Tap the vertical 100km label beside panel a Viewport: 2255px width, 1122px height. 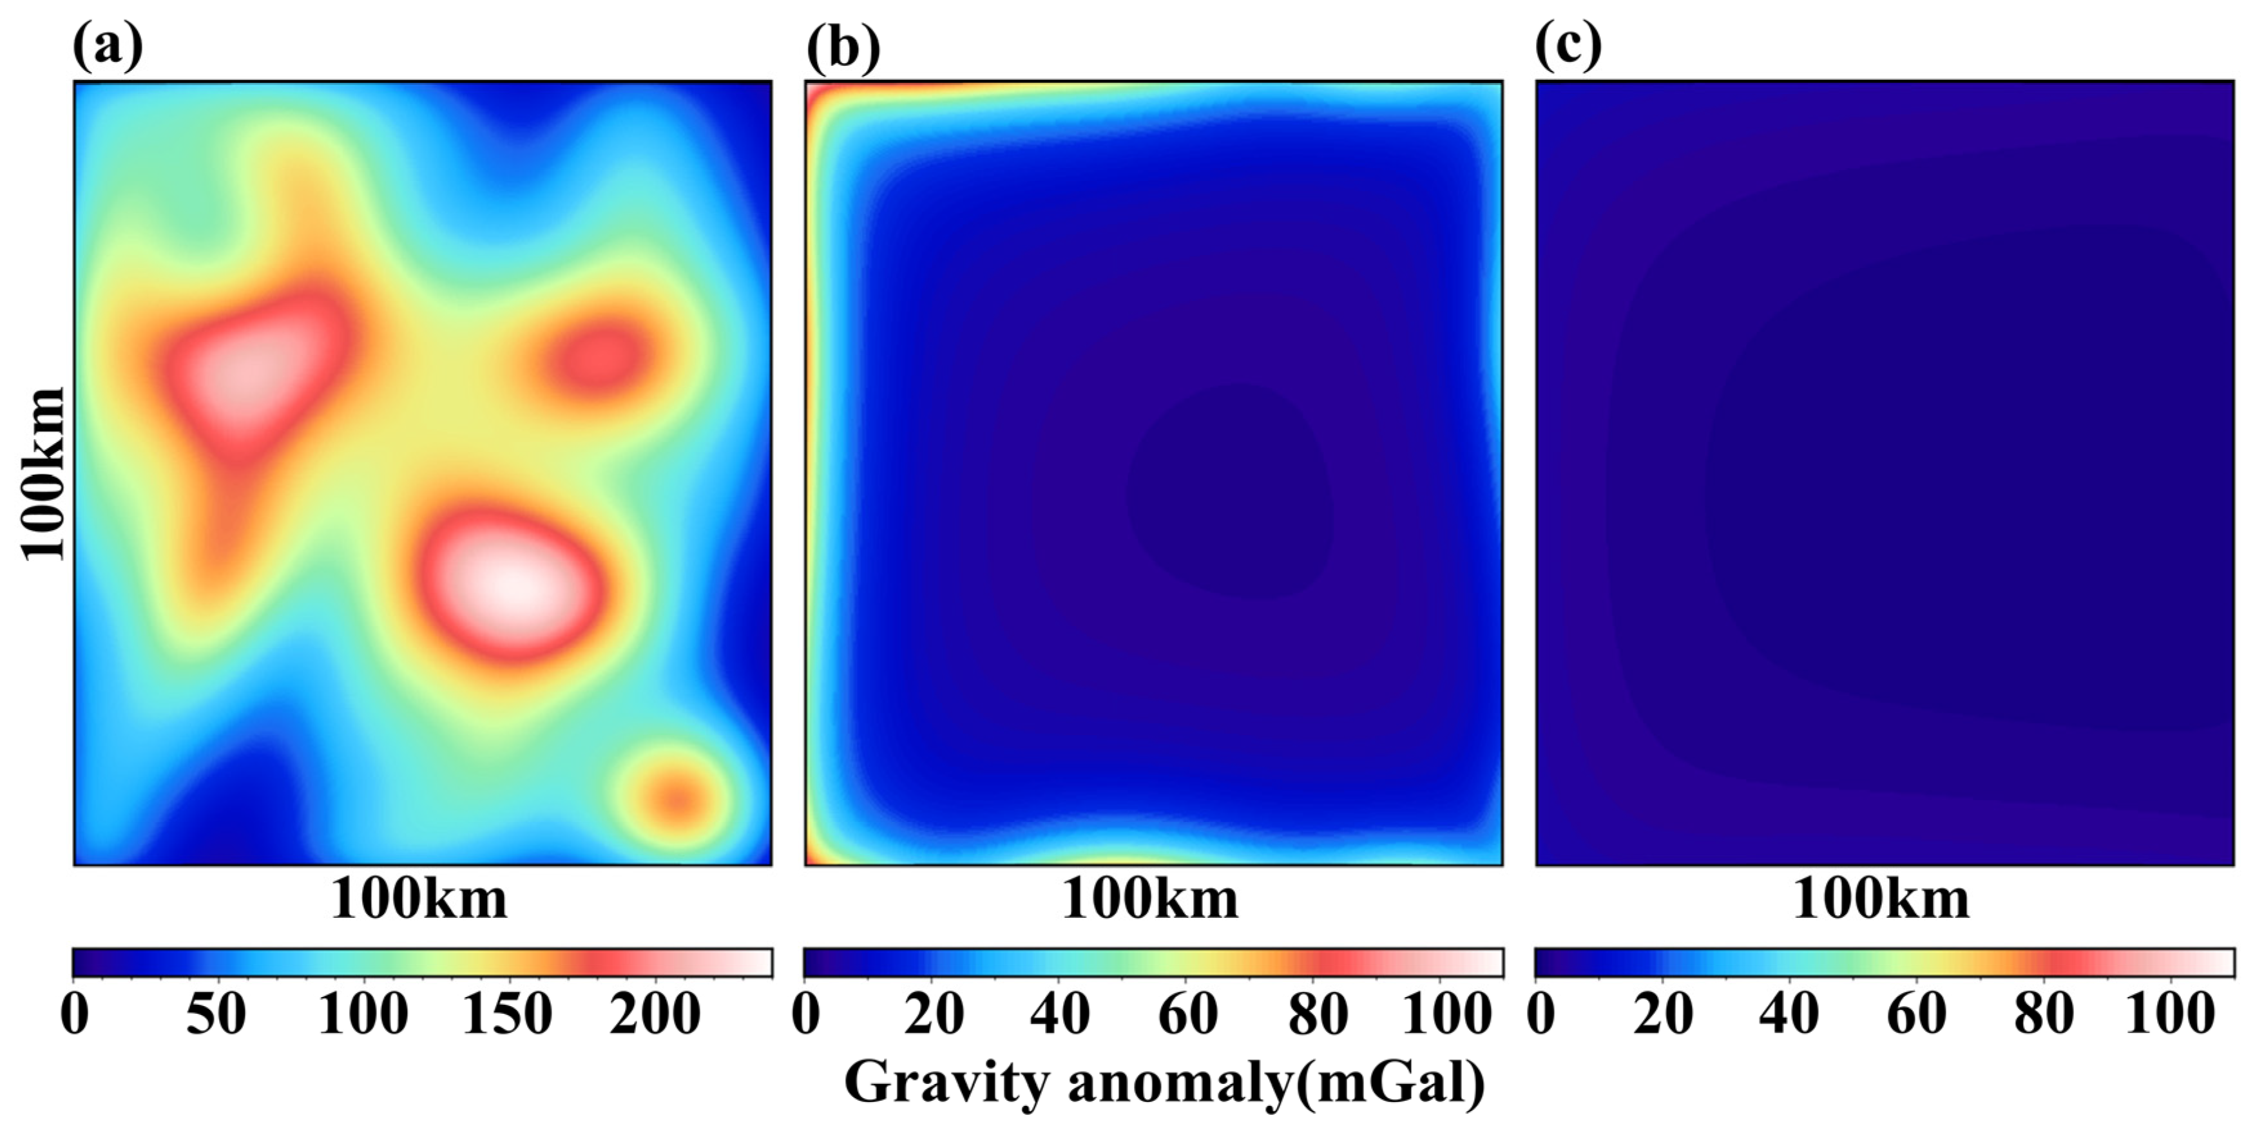tap(44, 473)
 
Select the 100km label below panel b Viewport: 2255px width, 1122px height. tap(1150, 899)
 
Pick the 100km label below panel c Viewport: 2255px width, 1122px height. tap(1881, 899)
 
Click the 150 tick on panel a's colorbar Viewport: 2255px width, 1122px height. tap(508, 1015)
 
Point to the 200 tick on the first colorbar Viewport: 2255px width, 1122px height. tap(655, 1015)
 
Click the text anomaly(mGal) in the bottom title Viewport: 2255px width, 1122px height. tap(1276, 1083)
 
